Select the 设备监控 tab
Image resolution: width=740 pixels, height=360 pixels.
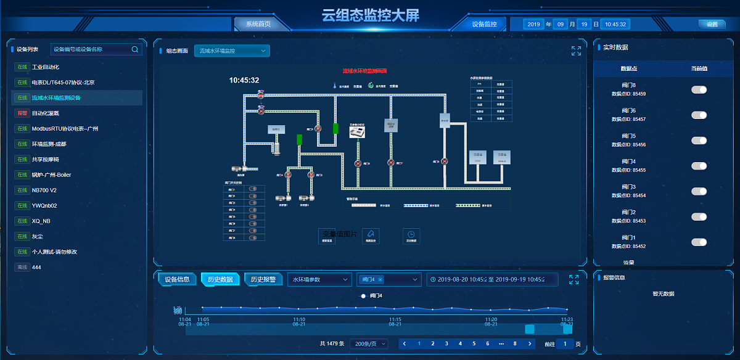coord(484,24)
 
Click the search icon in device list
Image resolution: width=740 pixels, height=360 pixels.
coord(135,49)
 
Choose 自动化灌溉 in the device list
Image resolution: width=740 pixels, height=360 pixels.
coord(45,113)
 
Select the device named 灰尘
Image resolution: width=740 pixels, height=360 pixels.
coord(37,237)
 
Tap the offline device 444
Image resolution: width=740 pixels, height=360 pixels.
coord(36,268)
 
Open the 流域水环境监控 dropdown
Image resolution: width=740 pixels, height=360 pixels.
coord(232,51)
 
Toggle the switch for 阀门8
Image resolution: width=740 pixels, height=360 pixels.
coord(699,90)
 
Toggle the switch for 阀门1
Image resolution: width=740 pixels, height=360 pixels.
coord(699,242)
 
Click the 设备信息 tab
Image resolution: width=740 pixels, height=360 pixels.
coord(177,279)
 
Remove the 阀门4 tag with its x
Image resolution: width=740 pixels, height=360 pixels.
coord(380,280)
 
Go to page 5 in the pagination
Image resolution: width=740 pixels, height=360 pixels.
coord(474,344)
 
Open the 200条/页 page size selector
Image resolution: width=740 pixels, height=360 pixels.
coord(369,344)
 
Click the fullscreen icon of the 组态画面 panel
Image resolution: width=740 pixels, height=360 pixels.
coord(576,51)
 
